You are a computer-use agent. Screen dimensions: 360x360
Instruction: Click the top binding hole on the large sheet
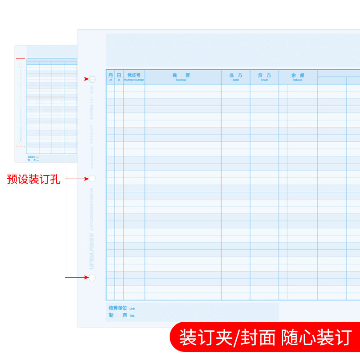(x=92, y=79)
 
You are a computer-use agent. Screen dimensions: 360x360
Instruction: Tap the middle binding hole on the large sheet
(x=92, y=179)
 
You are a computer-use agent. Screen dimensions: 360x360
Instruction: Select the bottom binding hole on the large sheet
(x=92, y=277)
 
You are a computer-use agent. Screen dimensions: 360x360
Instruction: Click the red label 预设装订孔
(x=34, y=180)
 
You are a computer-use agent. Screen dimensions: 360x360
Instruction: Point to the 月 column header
(x=110, y=76)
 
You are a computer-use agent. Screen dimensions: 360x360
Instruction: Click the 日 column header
(x=119, y=76)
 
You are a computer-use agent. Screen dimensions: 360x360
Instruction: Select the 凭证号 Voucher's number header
(x=134, y=76)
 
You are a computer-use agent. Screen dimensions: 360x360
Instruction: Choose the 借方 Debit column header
(x=235, y=76)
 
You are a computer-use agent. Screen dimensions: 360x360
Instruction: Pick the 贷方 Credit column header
(x=264, y=76)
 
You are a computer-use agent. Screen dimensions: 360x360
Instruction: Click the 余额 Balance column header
(x=297, y=76)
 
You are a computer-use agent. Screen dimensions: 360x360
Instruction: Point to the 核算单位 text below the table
(x=119, y=308)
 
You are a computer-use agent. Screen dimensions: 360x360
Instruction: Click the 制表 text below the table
(x=118, y=315)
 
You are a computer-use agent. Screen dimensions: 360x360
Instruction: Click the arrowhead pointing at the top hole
(x=87, y=79)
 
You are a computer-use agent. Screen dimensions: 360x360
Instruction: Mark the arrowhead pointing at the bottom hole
(x=87, y=277)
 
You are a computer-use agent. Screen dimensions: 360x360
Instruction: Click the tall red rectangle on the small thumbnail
(x=20, y=102)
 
